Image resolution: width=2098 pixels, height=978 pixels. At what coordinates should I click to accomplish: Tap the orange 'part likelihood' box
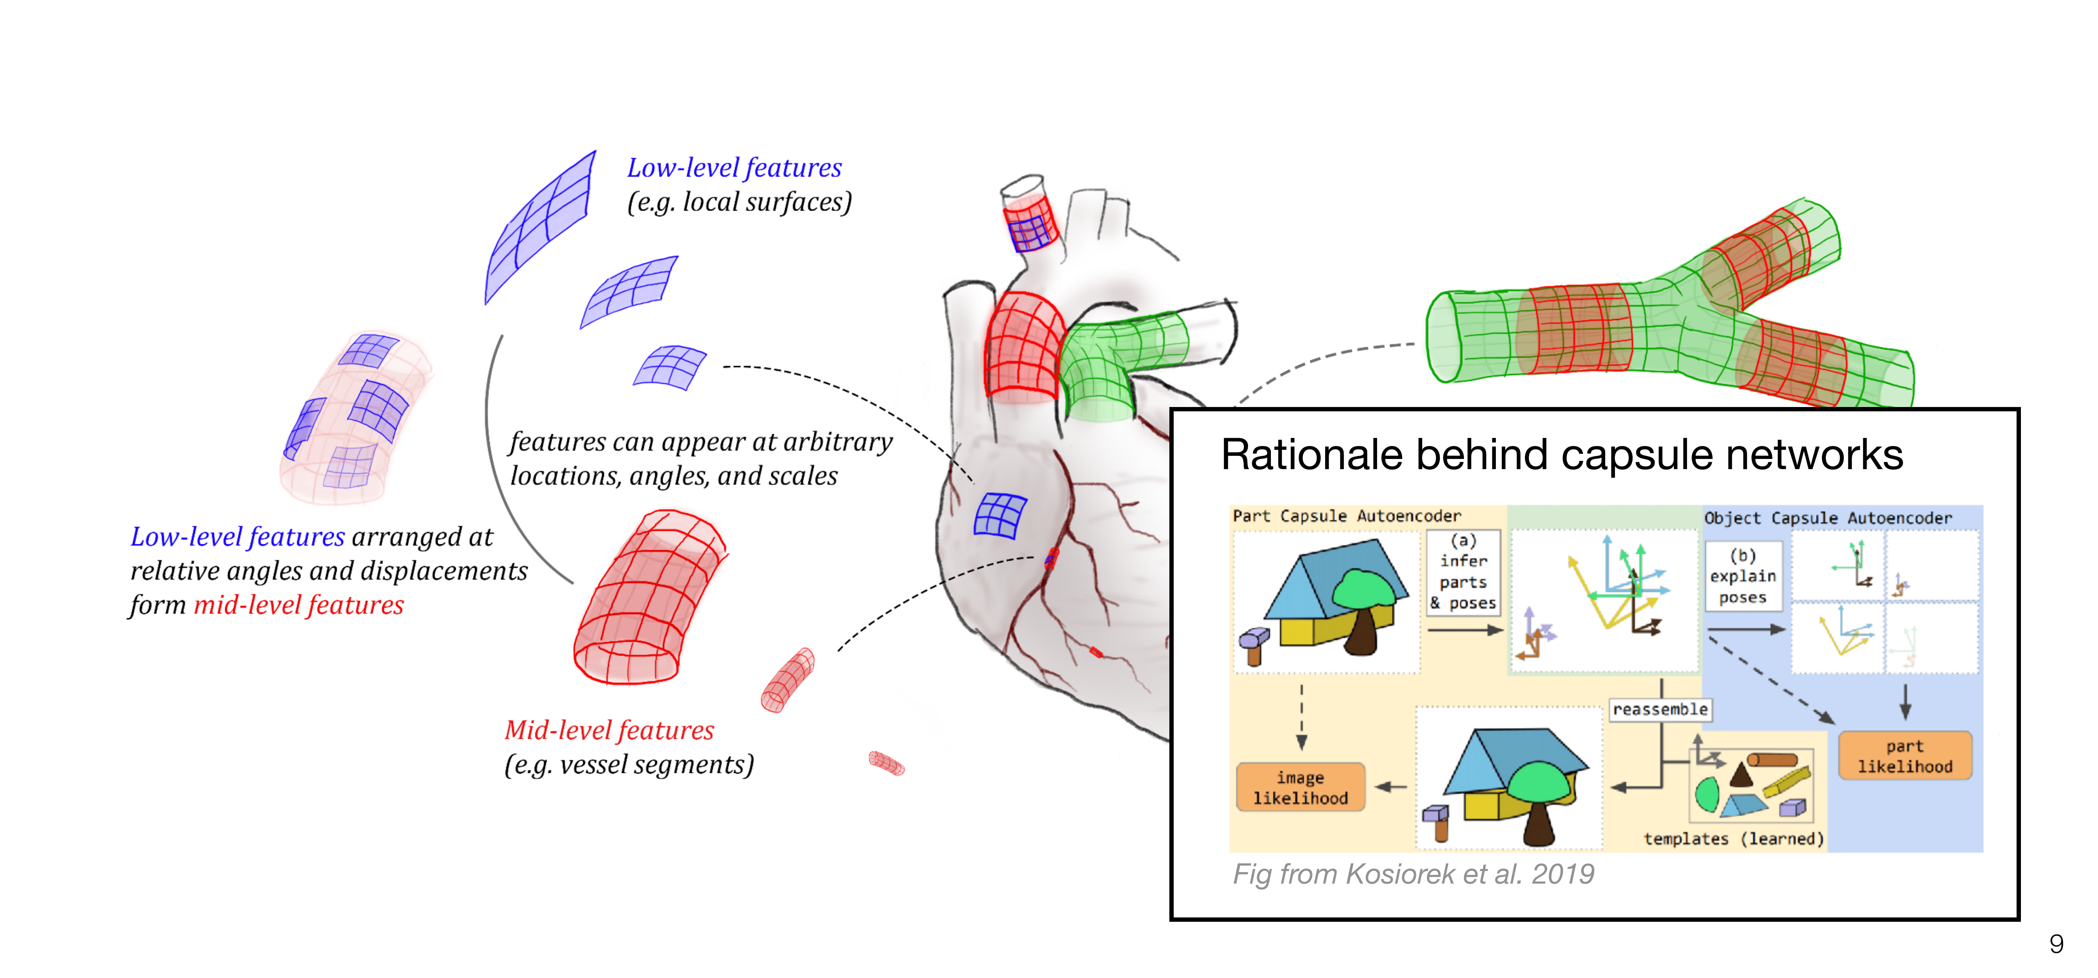point(1904,756)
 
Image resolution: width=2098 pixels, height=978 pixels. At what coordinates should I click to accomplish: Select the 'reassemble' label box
point(1660,709)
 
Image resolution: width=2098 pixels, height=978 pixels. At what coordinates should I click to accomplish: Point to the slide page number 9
point(2056,944)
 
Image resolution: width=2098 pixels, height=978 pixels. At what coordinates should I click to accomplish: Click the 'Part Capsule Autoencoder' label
point(1346,516)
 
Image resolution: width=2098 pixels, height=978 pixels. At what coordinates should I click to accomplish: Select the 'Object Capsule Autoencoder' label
point(1828,518)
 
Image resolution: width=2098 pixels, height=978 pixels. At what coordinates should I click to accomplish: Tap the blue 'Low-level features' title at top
point(734,168)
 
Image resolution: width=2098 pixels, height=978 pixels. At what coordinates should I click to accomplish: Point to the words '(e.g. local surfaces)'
point(739,202)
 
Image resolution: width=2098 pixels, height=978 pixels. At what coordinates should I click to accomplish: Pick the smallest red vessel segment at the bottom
point(886,763)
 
